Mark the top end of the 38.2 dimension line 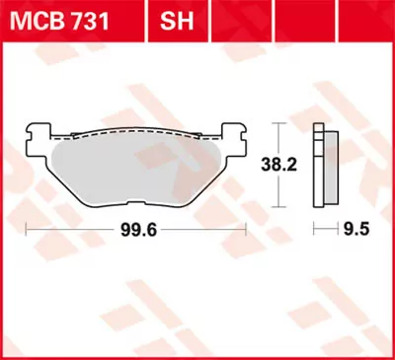click(279, 123)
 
